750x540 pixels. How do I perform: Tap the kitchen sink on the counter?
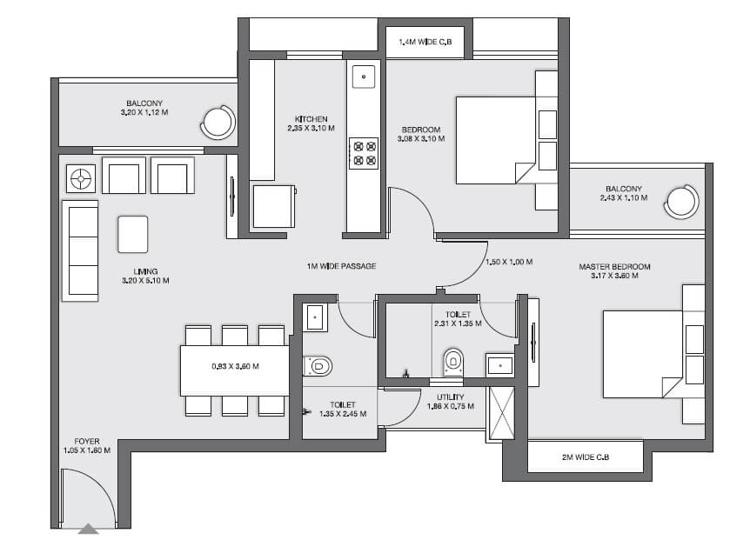[364, 77]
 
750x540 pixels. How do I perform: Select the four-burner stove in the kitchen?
[364, 153]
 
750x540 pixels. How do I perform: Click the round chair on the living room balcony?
[217, 122]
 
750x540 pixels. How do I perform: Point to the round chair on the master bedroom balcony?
[681, 201]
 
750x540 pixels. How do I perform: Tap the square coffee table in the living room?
[133, 234]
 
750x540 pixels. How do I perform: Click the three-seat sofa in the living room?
[81, 250]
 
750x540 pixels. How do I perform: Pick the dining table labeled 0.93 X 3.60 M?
[235, 366]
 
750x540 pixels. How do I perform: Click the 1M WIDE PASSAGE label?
[341, 265]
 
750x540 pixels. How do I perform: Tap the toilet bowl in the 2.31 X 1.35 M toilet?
[452, 363]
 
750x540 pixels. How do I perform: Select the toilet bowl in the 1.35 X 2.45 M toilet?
[317, 366]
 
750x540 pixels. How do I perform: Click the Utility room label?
[451, 401]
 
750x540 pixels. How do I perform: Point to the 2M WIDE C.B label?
[585, 457]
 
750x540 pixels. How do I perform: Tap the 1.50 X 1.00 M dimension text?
[509, 262]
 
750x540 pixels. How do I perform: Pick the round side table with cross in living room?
[81, 178]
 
